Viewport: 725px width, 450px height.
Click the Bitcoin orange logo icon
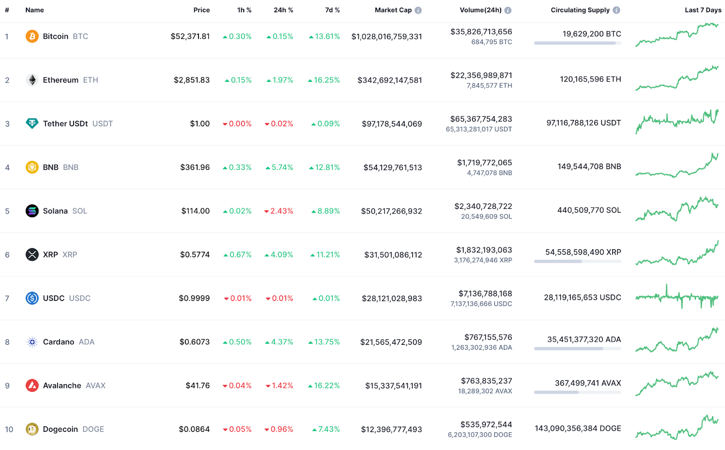32,36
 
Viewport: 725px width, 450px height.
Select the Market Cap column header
393,10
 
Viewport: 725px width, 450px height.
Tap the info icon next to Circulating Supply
616,10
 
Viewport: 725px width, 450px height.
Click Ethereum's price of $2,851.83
192,80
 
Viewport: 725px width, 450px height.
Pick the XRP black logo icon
32,255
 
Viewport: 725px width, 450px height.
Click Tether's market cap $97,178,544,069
391,124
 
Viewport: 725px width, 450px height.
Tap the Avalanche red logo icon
32,386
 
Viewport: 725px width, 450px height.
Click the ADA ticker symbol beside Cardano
87,342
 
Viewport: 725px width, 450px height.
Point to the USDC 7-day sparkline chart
677,297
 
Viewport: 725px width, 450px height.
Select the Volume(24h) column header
480,10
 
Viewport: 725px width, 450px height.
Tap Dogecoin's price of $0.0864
194,430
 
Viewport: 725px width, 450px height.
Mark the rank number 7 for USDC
7,299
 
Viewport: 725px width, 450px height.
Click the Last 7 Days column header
703,10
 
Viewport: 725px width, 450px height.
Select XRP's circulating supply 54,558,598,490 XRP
583,252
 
